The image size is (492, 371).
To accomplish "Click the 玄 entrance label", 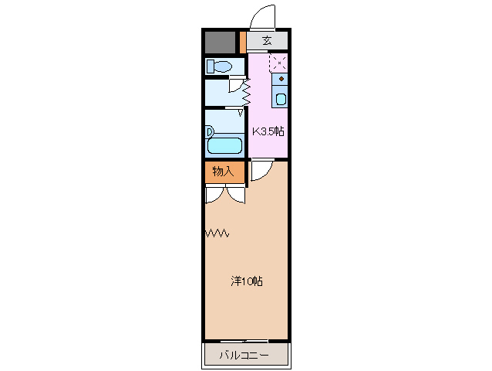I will click(x=267, y=40).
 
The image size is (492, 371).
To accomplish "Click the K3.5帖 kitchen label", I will click(x=268, y=131).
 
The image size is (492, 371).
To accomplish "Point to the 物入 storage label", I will click(x=224, y=172).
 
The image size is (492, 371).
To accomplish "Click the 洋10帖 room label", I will click(x=247, y=281).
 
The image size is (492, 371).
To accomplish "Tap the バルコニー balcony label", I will click(x=244, y=356).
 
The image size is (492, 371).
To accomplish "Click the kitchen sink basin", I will click(x=281, y=98).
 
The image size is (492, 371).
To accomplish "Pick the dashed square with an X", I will click(x=278, y=63).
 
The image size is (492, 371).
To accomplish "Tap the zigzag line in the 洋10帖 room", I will click(x=217, y=233).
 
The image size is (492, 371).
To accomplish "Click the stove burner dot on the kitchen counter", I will click(x=281, y=80).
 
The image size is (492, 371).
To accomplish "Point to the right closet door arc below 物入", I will click(x=235, y=195).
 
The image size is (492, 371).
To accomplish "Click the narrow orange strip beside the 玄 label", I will click(x=243, y=41).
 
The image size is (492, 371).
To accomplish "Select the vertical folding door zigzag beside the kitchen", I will click(x=247, y=93).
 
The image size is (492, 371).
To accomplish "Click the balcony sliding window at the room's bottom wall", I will click(x=247, y=340).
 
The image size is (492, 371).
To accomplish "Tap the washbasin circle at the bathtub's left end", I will click(x=209, y=132).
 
